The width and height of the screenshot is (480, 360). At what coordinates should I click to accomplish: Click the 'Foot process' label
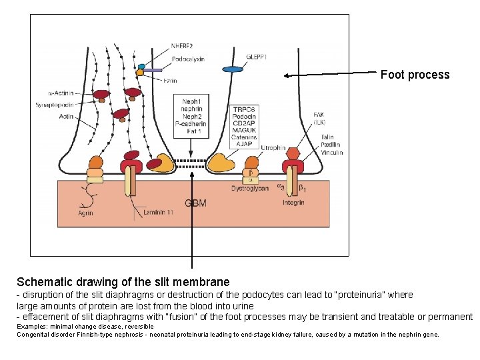(415, 75)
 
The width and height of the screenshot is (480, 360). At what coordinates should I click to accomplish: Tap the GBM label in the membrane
(195, 203)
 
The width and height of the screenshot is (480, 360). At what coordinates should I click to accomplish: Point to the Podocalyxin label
(188, 59)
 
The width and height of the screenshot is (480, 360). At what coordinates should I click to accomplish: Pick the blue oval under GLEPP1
(233, 69)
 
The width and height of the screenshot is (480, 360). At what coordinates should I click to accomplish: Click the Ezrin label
(171, 81)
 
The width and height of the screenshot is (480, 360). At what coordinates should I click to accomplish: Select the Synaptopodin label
(55, 105)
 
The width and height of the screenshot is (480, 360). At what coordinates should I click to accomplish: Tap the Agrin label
(85, 213)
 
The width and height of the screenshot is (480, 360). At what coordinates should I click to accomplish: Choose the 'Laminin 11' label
(159, 213)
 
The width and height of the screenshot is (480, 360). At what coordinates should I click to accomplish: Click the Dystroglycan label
(250, 188)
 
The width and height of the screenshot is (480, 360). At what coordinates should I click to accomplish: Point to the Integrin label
(293, 202)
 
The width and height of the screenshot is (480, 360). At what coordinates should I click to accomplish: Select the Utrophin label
(273, 147)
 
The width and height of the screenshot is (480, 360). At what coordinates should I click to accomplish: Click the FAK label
(321, 115)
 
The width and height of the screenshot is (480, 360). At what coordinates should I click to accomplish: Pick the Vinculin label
(331, 153)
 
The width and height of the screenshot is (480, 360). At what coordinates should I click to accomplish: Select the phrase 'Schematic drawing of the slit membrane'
(123, 282)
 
